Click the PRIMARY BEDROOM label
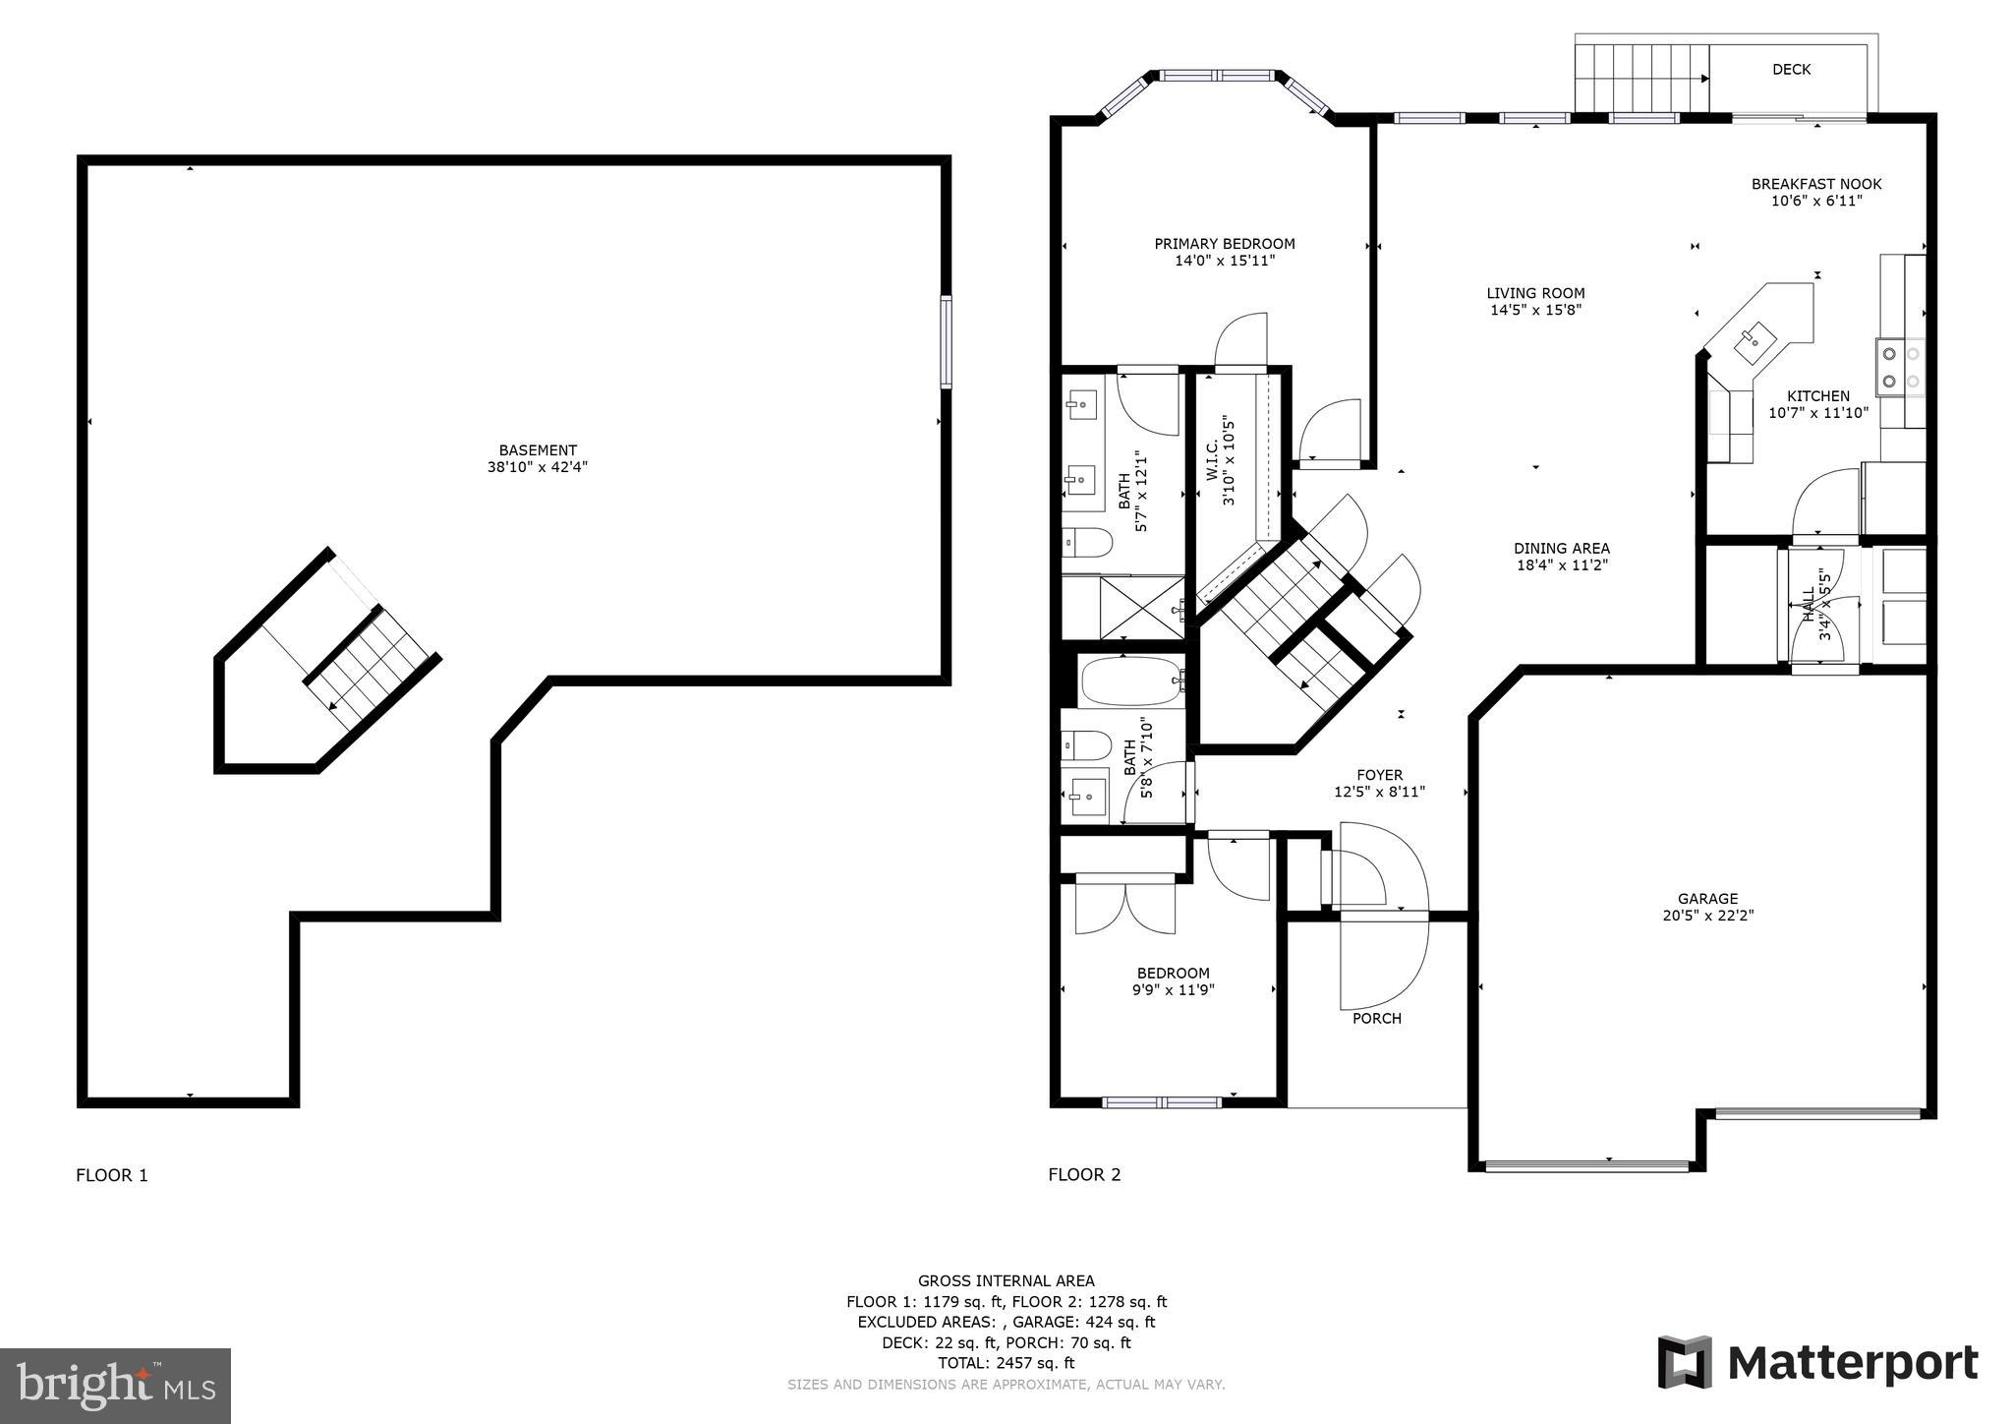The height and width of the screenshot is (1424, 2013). click(1224, 244)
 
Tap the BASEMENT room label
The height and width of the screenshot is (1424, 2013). click(537, 450)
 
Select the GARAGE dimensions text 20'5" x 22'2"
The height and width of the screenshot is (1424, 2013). click(1707, 915)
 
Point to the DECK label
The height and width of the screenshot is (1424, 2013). click(1791, 70)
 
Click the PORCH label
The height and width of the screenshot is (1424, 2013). click(1376, 1018)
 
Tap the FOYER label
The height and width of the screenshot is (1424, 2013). click(1379, 775)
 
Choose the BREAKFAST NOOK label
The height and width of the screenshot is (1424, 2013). click(1815, 184)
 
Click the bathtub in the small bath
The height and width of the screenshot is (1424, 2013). click(1130, 681)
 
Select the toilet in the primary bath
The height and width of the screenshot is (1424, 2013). click(1086, 542)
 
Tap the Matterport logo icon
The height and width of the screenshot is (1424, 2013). click(1685, 1362)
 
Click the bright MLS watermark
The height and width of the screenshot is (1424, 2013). click(115, 1386)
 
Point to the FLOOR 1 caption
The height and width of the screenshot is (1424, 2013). click(112, 1175)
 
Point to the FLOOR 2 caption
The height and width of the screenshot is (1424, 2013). click(1084, 1174)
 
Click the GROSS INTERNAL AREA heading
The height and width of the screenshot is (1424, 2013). click(1006, 1280)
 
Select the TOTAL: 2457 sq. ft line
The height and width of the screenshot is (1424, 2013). click(1006, 1363)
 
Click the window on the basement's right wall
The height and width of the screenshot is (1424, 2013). click(946, 342)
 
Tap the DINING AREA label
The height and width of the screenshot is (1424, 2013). click(1561, 549)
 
